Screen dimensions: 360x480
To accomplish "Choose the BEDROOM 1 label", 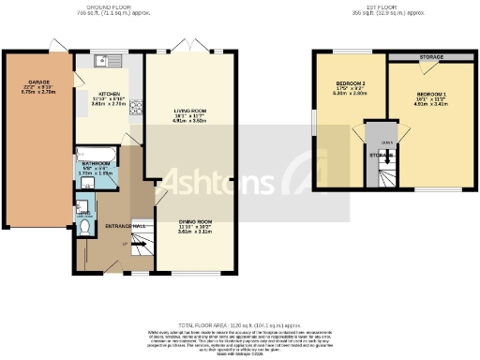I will click(x=433, y=96).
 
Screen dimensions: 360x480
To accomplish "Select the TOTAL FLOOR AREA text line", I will click(x=238, y=321).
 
